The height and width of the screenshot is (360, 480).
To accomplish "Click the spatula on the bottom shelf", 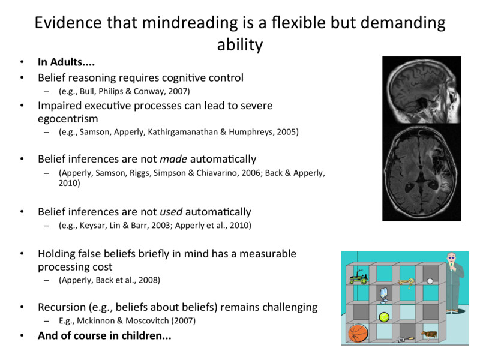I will (406, 338).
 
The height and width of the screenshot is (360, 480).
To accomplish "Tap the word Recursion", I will (64, 307).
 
